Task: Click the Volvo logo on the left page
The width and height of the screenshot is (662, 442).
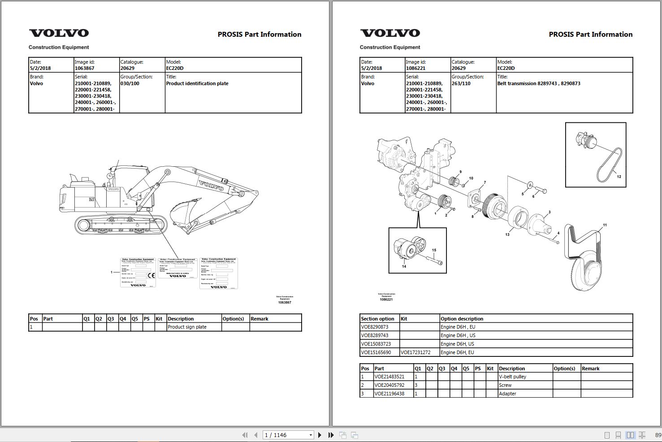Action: coord(59,33)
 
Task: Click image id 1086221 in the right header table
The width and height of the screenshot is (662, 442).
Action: coord(415,68)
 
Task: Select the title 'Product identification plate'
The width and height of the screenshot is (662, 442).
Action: coord(197,83)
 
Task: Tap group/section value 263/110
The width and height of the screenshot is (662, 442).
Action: coord(461,83)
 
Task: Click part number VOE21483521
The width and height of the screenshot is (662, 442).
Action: coord(389,377)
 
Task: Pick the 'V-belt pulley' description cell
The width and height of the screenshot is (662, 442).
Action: coord(512,377)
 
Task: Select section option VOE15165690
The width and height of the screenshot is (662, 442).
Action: coord(376,352)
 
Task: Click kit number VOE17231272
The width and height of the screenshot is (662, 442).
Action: coord(415,352)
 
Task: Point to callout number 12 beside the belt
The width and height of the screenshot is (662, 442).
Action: coord(619,177)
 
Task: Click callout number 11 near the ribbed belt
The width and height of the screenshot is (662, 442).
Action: coord(605,225)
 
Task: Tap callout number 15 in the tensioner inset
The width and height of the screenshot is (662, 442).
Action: coord(434,250)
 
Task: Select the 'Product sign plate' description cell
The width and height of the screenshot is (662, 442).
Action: coord(187,327)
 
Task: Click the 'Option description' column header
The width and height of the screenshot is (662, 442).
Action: coord(462,319)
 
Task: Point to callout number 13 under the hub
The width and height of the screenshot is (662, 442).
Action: coord(507,234)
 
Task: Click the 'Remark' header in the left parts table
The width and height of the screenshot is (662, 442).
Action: coord(259,319)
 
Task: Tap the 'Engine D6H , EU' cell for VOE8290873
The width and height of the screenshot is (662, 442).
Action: coord(458,327)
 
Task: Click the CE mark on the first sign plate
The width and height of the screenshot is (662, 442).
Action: coord(151,275)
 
